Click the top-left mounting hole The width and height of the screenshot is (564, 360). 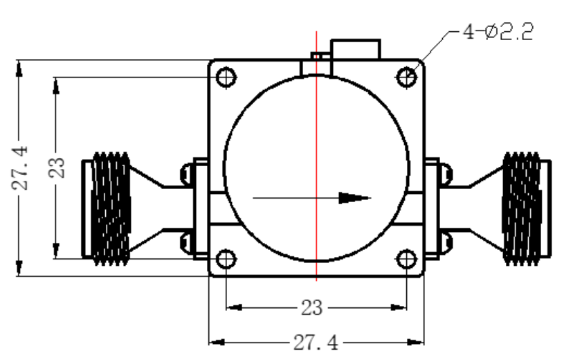226,77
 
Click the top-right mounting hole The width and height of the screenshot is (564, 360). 406,77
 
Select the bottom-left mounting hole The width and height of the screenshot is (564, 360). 226,259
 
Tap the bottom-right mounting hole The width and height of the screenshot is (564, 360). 406,259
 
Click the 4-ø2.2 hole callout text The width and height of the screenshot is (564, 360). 498,32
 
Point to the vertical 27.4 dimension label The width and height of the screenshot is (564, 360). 20,168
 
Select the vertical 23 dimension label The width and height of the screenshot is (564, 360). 57,168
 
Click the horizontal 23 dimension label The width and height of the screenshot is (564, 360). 311,308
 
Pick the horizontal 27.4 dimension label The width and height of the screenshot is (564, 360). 316,343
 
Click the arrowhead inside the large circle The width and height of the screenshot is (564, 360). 354,198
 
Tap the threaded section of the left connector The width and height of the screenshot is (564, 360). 111,209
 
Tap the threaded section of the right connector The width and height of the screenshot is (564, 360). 522,209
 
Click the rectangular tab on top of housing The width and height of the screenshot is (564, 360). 356,49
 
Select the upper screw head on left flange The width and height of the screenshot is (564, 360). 188,174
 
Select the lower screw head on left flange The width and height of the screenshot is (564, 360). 188,243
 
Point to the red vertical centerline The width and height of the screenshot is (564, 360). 316,156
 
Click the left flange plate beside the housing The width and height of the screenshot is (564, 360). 201,208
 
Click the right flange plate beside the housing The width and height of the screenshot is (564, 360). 432,208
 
